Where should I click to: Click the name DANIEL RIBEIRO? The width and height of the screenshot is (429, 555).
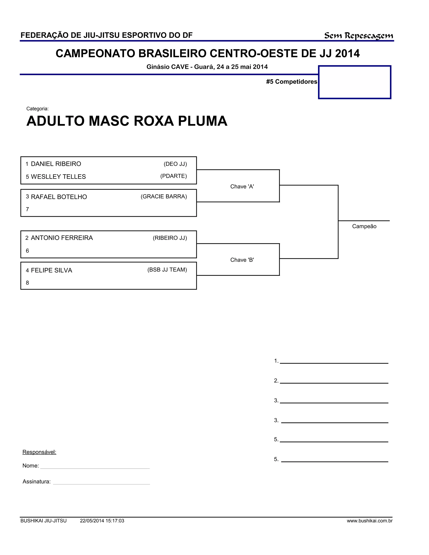coord(56,164)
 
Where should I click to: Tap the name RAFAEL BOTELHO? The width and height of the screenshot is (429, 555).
coord(59,197)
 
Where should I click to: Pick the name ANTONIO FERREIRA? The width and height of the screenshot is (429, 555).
coord(62,238)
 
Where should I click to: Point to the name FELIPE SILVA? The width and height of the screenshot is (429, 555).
coord(51,270)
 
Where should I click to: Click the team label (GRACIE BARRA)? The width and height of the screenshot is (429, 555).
coord(164,196)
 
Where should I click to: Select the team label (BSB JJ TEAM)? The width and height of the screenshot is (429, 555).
coord(167,270)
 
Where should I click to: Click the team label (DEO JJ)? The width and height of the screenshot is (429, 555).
coord(175,164)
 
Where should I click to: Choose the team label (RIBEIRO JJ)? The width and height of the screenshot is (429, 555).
coord(170,238)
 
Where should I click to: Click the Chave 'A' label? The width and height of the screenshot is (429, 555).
coord(242,187)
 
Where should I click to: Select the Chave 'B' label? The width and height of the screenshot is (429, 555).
coord(242,260)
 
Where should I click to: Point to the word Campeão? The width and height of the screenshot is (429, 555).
coord(364,226)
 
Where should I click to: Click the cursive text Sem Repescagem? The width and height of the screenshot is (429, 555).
coord(358,36)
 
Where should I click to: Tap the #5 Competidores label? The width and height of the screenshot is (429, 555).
coord(292,81)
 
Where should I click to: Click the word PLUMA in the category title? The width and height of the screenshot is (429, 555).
coord(203,121)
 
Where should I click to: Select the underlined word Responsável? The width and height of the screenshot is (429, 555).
coord(39,452)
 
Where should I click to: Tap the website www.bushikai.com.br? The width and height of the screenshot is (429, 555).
coord(370,521)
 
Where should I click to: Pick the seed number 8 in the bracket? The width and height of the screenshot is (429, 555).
coord(27,283)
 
